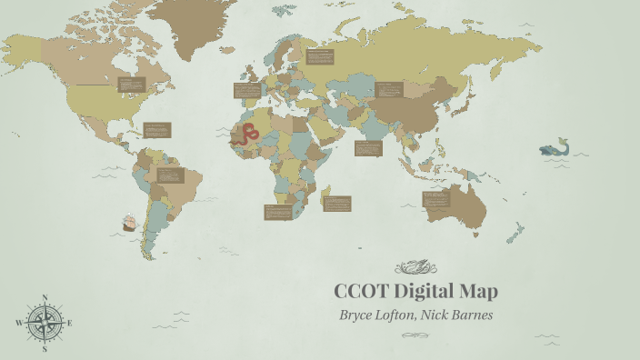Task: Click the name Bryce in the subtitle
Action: tap(357, 315)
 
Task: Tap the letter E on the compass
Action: tap(70, 323)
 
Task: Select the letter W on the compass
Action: tap(18, 323)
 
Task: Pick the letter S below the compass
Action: tap(45, 348)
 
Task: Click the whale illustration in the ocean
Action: tap(553, 148)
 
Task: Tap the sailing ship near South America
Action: tap(130, 221)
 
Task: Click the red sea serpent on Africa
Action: tap(245, 136)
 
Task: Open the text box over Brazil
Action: tap(170, 175)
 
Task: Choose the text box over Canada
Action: tap(132, 85)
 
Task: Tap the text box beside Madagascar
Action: tap(338, 204)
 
